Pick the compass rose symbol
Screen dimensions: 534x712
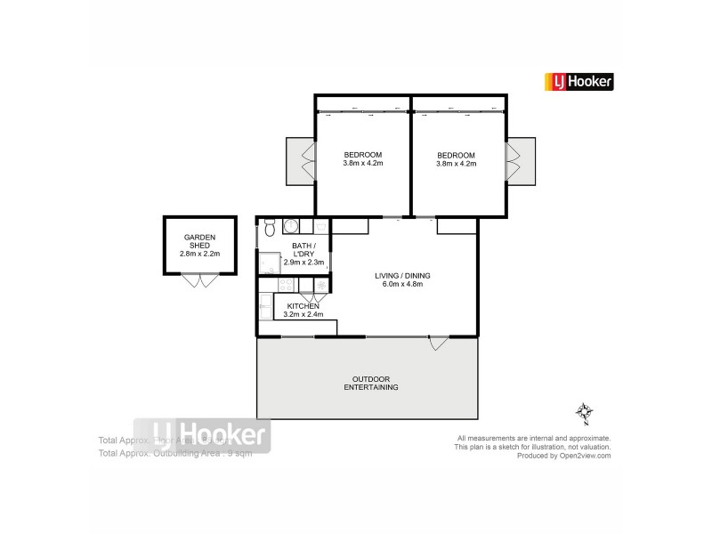click(x=584, y=413)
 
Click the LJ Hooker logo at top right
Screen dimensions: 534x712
click(x=578, y=82)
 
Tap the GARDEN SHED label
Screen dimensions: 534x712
click(x=199, y=241)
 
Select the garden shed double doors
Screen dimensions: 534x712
click(x=199, y=280)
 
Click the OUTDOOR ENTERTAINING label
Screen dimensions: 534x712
click(x=371, y=384)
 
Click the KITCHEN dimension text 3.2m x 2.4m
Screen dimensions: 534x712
click(x=303, y=314)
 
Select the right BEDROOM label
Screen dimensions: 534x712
click(x=456, y=158)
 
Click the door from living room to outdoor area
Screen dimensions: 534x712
click(x=436, y=343)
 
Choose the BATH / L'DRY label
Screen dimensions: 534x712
click(x=302, y=250)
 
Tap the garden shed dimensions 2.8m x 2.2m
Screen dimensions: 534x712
click(x=199, y=254)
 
